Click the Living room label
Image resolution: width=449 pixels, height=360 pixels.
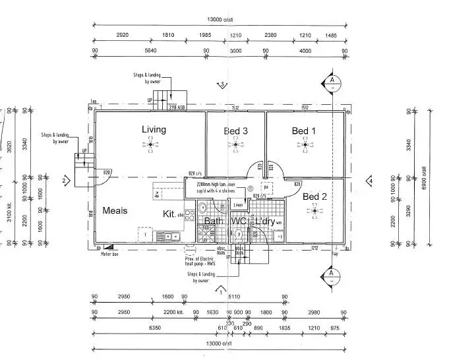(153, 129)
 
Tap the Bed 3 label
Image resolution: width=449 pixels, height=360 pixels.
(235, 131)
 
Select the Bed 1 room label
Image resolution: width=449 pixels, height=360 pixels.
(304, 131)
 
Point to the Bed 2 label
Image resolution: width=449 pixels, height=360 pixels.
(315, 196)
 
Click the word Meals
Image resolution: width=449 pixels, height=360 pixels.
(115, 211)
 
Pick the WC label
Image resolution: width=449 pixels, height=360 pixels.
(238, 222)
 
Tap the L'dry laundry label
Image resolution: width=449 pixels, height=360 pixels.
(262, 222)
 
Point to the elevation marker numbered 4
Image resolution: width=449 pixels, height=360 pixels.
(371, 180)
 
